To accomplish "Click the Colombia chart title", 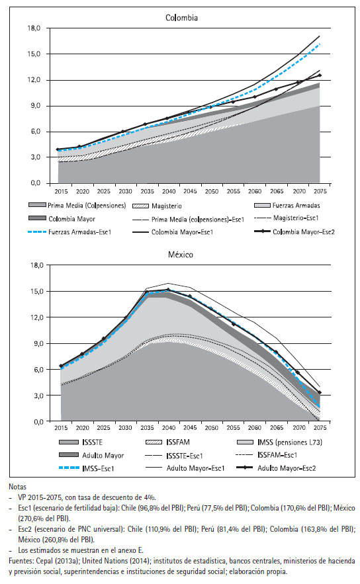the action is point(181,17).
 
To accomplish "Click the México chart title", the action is point(181,255).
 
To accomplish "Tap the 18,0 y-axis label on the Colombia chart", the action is point(34,28).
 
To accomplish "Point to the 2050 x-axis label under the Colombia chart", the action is point(212,191).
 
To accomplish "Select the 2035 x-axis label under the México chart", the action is point(147,428).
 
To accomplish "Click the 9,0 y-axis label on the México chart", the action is point(36,343).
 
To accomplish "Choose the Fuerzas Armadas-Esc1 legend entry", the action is point(69,232).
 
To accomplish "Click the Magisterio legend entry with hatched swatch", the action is point(157,206).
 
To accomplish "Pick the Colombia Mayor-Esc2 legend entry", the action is point(294,231).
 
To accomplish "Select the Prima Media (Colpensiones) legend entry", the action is point(77,205).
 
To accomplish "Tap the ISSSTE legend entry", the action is point(81,442).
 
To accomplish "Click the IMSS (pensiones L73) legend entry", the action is point(279,442).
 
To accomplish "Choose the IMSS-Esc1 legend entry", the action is point(87,468).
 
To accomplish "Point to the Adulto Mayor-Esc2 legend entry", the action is point(276,468).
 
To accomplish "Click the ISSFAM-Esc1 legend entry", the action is point(267,455).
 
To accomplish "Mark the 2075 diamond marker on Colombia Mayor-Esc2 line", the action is point(320,75).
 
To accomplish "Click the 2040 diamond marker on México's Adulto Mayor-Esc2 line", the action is point(168,290).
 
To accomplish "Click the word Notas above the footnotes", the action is point(17,486).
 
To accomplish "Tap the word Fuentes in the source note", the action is point(21,561).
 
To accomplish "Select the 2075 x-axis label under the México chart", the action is point(320,428).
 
